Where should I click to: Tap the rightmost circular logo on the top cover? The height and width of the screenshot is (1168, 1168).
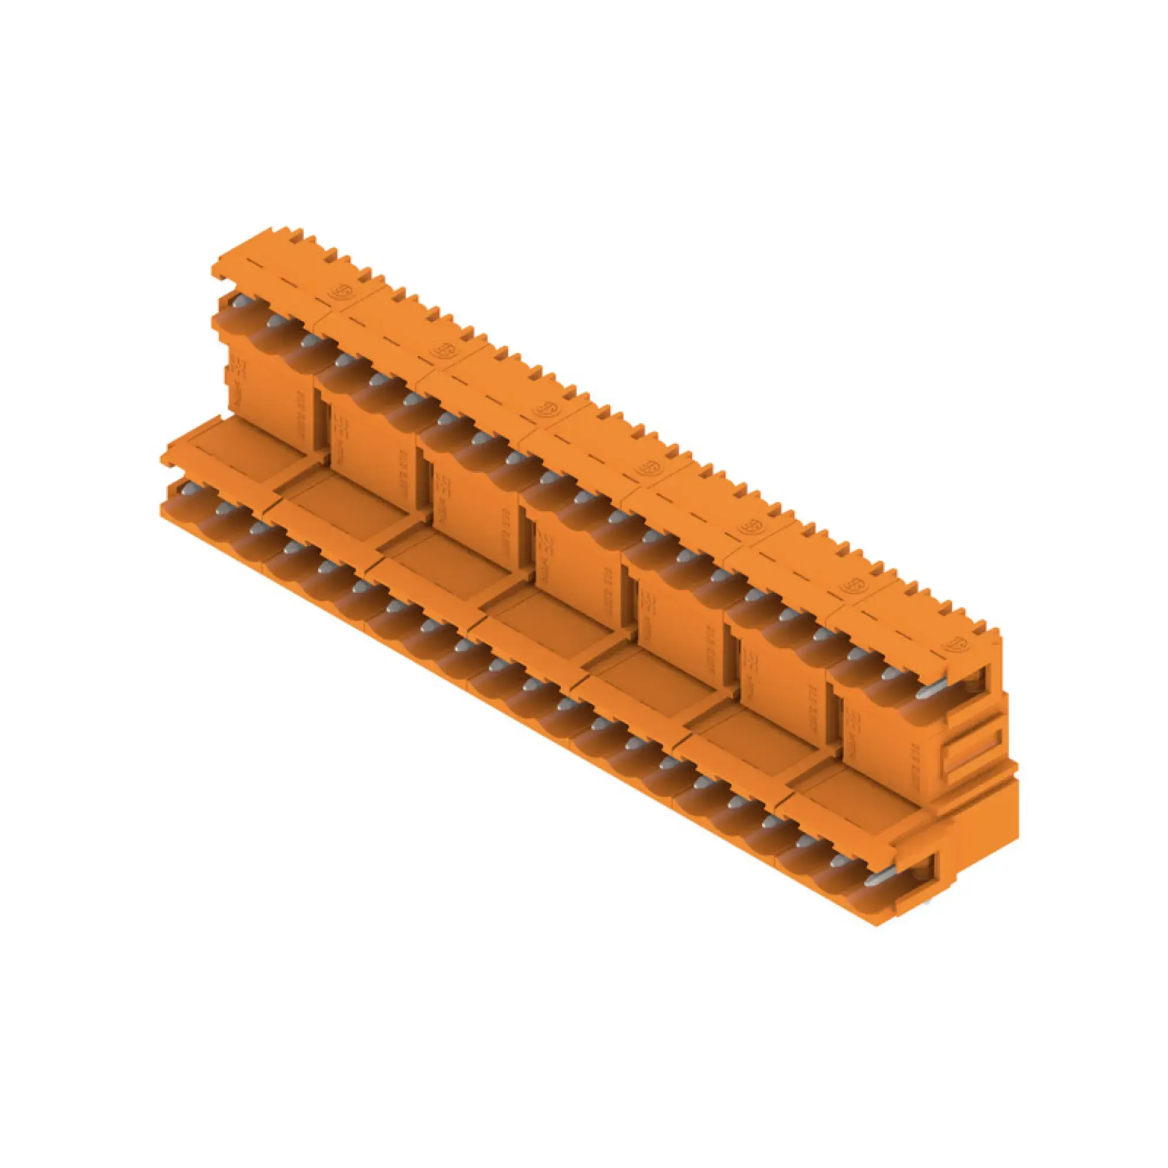(x=957, y=642)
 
